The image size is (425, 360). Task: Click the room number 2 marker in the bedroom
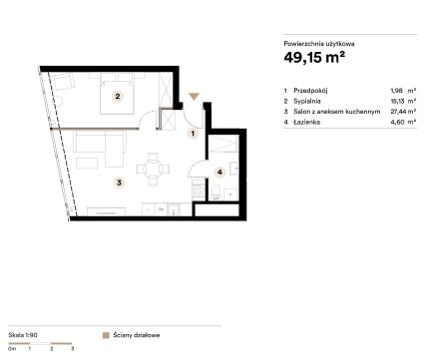(118, 97)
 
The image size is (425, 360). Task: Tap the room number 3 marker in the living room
(119, 182)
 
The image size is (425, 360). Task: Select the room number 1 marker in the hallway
(193, 134)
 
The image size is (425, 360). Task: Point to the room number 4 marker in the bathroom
(219, 172)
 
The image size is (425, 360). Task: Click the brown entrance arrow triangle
(194, 97)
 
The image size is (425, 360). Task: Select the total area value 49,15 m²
(314, 57)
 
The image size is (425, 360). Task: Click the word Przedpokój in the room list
(310, 91)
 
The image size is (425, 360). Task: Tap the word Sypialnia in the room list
(307, 101)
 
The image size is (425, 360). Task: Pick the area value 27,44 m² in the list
(403, 112)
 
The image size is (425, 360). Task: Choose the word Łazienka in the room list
(306, 122)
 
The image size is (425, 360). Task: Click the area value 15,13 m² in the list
(403, 101)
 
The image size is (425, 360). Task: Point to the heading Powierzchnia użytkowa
(319, 44)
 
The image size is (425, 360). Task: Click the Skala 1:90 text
(23, 335)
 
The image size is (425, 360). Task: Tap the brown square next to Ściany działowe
(106, 335)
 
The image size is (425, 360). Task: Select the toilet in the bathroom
(215, 191)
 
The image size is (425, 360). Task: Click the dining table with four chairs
(153, 170)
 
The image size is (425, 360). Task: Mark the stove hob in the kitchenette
(199, 190)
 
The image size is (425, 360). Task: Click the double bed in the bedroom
(118, 97)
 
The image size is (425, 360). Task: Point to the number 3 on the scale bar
(73, 349)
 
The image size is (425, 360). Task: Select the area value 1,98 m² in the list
(403, 91)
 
